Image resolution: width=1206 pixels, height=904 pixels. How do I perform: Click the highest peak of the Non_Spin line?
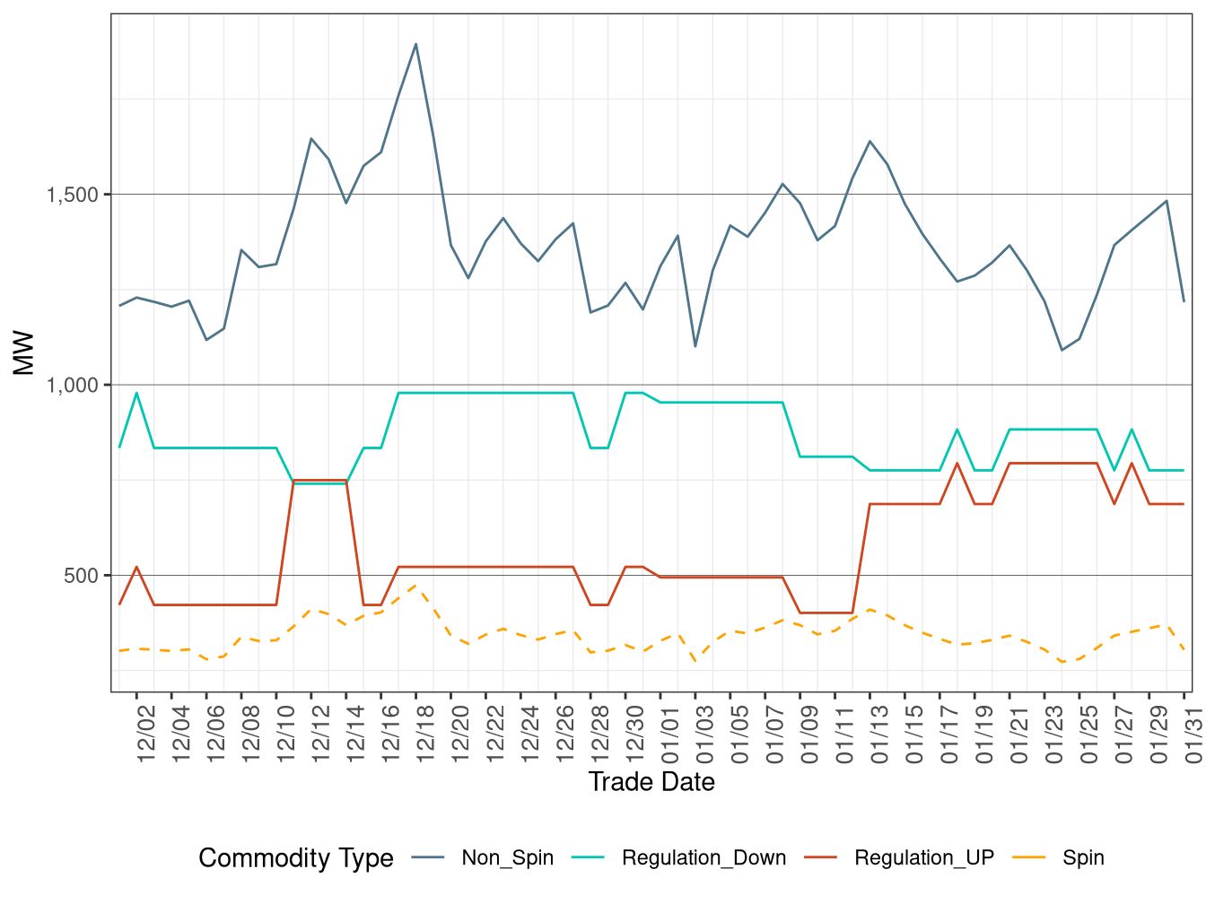[x=415, y=44]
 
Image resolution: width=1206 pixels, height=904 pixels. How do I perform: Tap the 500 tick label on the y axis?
[x=81, y=576]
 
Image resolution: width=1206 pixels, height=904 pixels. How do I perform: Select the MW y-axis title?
[x=24, y=353]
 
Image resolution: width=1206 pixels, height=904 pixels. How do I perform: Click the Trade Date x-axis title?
[x=651, y=782]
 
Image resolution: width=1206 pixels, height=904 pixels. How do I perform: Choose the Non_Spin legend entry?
[x=507, y=858]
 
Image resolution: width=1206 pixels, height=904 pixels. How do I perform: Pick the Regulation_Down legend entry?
[x=703, y=858]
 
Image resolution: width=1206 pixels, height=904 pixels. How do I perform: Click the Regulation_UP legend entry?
[x=923, y=858]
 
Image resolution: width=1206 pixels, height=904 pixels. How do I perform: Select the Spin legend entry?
[x=1083, y=858]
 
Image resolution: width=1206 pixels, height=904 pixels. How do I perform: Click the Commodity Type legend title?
[x=296, y=858]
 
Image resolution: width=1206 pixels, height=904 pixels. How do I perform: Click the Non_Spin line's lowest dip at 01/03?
[x=695, y=346]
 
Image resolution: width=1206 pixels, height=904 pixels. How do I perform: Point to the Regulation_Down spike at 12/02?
[x=136, y=393]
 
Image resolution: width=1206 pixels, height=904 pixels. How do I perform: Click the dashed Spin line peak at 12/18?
[x=415, y=586]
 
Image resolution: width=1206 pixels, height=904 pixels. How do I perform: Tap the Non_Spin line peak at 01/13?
[x=870, y=141]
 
